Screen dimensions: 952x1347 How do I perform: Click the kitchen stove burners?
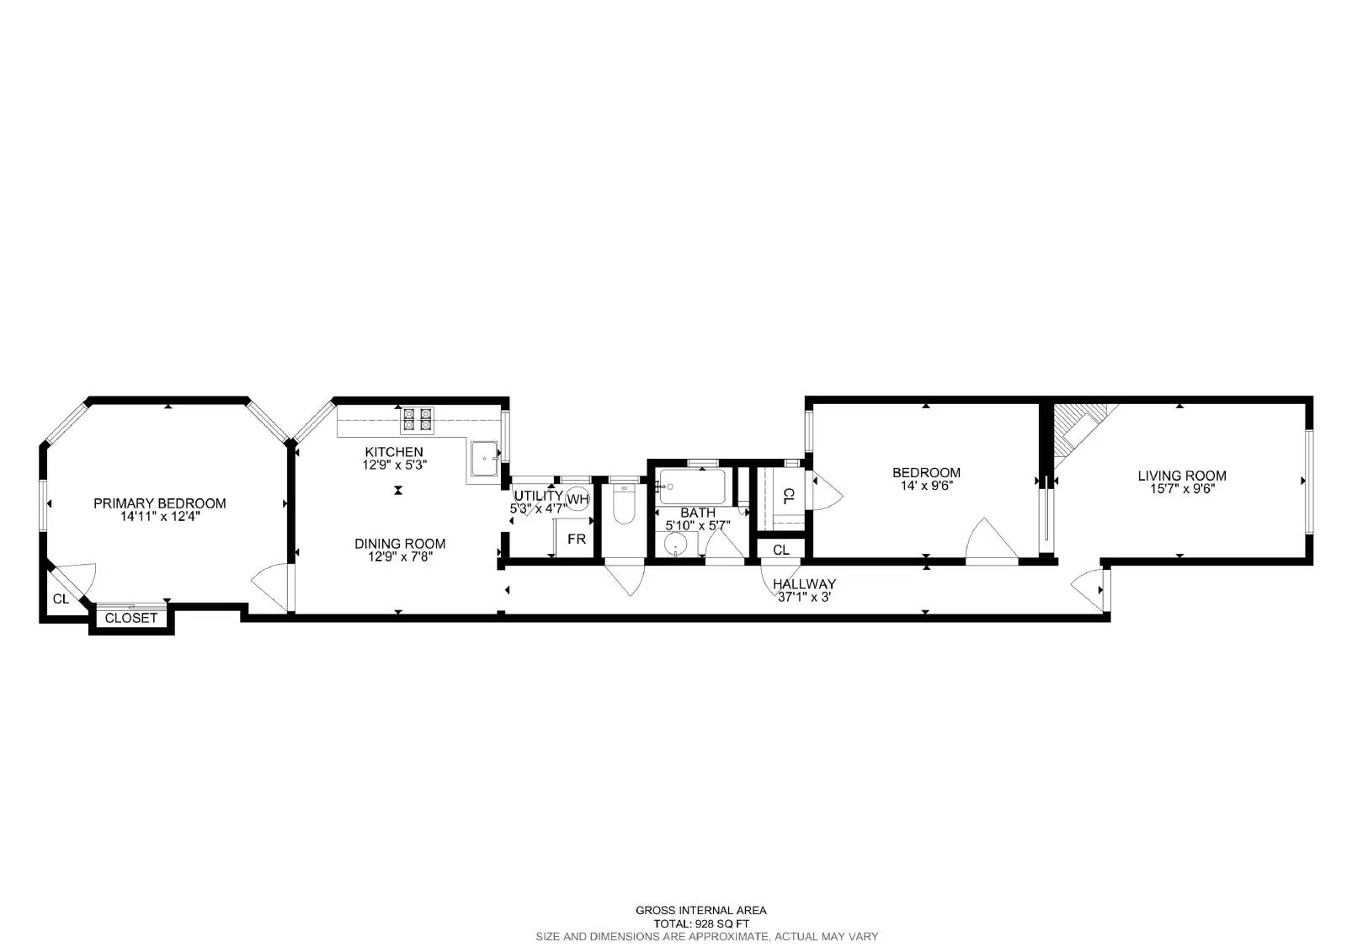pyautogui.click(x=418, y=419)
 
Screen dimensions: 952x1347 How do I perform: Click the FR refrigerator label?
pyautogui.click(x=577, y=539)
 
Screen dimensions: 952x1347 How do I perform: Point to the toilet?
pyautogui.click(x=624, y=503)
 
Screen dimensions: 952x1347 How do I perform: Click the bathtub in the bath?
pyautogui.click(x=692, y=487)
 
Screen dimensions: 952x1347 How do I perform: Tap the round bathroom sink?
pyautogui.click(x=676, y=546)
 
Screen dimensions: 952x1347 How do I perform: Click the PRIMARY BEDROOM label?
pyautogui.click(x=159, y=503)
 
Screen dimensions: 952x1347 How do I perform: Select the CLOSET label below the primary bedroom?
pyautogui.click(x=131, y=618)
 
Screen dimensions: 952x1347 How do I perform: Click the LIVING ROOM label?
pyautogui.click(x=1182, y=476)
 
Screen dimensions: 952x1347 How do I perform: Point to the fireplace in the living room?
pyautogui.click(x=1080, y=429)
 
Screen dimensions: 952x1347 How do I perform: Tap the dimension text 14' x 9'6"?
pyautogui.click(x=926, y=486)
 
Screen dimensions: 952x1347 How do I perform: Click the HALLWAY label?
pyautogui.click(x=804, y=584)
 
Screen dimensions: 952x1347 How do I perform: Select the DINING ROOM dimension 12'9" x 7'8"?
pyautogui.click(x=400, y=556)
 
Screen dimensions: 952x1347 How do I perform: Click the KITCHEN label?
pyautogui.click(x=394, y=452)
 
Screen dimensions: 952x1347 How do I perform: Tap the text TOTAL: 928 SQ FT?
pyautogui.click(x=700, y=923)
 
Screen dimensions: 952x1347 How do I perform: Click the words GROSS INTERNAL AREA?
pyautogui.click(x=700, y=910)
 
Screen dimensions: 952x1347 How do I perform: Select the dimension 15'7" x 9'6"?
pyautogui.click(x=1182, y=488)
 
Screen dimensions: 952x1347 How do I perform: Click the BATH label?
pyautogui.click(x=698, y=513)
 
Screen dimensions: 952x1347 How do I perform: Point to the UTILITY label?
pyautogui.click(x=538, y=496)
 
